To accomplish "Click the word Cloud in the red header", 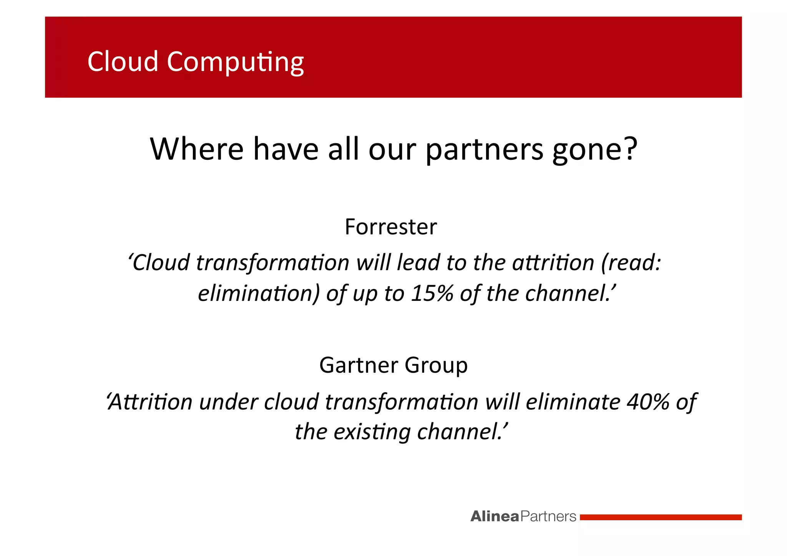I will tap(123, 61).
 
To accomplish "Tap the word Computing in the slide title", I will tap(235, 63).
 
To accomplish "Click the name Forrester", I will tap(390, 227).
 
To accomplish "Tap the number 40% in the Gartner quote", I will tap(648, 402).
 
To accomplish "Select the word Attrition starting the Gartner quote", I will tap(149, 402).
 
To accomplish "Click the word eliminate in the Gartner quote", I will tap(573, 402).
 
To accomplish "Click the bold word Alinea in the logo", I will tap(495, 516).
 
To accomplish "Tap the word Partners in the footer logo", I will tap(548, 516).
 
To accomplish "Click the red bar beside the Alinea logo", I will tap(660, 517).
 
